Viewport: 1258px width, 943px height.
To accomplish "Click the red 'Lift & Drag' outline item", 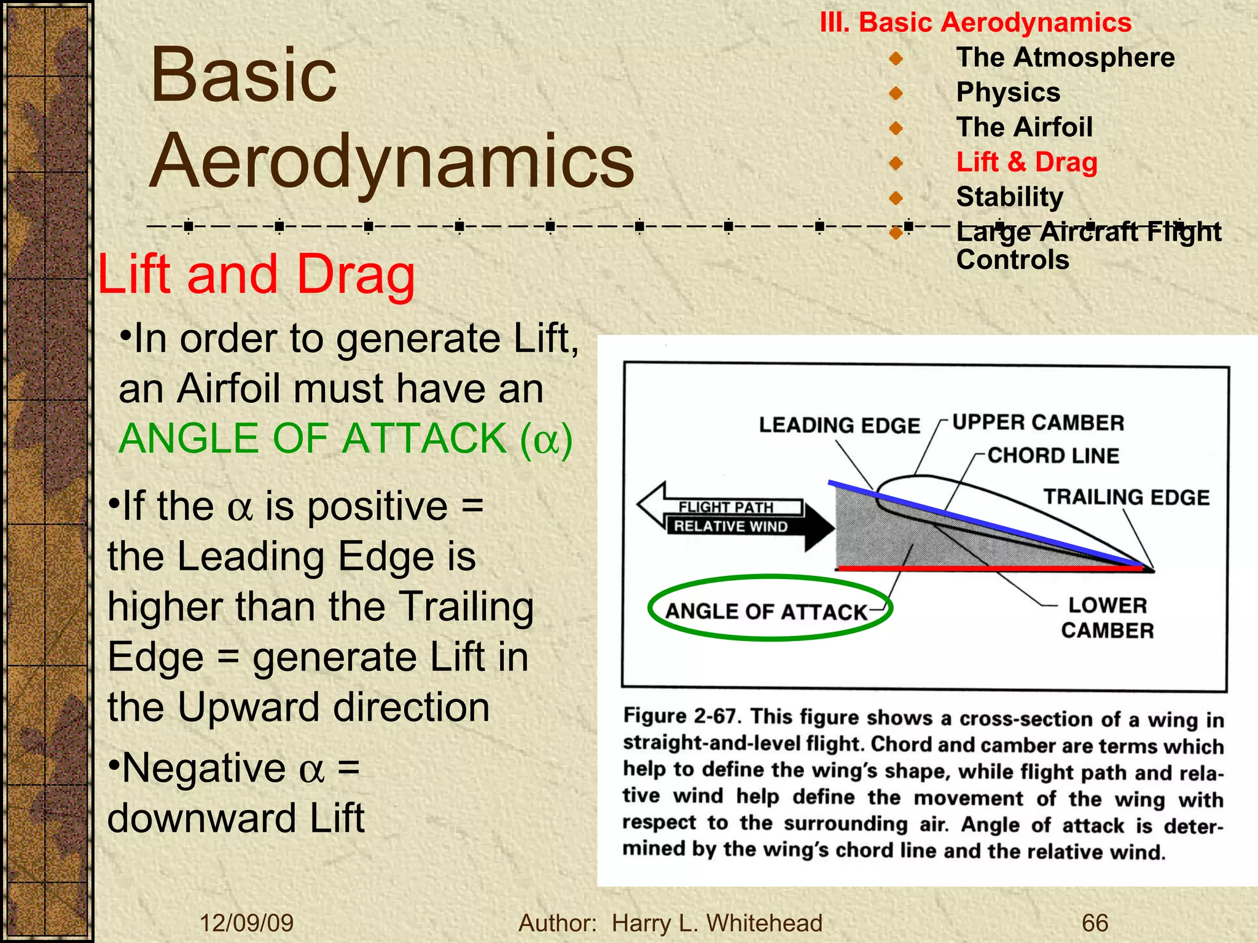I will point(1026,162).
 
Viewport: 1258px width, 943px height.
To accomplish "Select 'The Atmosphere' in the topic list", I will point(1065,58).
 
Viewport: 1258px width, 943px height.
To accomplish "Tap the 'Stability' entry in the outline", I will point(1009,197).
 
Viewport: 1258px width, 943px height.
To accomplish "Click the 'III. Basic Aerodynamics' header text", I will point(975,23).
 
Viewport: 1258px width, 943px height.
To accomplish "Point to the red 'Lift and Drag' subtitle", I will point(256,274).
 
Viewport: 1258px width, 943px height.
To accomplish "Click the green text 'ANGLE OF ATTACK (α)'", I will point(345,438).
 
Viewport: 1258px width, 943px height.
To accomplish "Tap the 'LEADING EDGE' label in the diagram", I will point(839,425).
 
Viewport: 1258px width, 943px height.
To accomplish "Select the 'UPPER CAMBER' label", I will point(1038,422).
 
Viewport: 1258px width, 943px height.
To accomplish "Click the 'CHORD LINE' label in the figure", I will point(1053,456).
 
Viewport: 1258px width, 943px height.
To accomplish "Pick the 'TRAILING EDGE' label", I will point(1127,497).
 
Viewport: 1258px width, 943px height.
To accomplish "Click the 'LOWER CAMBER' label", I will point(1107,618).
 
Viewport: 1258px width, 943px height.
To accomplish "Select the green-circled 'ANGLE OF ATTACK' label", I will point(766,611).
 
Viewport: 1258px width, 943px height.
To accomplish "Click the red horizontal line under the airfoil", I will point(989,569).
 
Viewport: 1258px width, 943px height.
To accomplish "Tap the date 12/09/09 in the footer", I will point(246,923).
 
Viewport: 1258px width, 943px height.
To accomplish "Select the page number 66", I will point(1095,923).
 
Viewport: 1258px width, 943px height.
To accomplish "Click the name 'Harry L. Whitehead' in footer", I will point(716,923).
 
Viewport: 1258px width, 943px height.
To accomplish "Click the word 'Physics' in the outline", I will point(1008,93).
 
